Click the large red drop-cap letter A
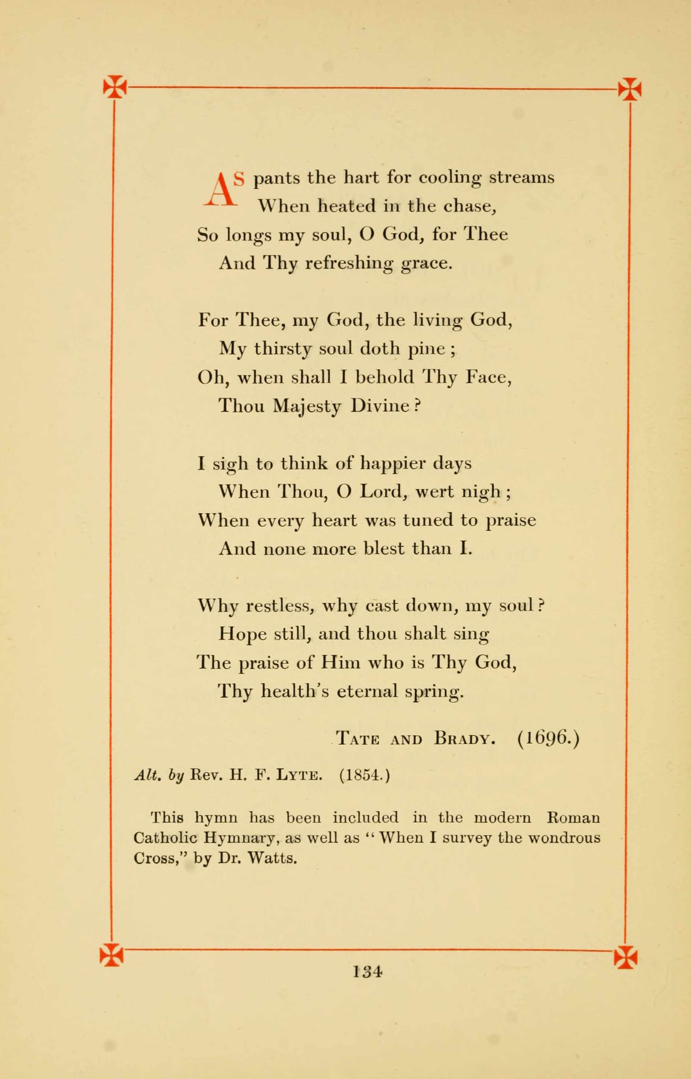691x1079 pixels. pos(220,190)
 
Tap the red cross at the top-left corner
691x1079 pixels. pos(115,87)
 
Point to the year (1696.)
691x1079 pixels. pos(548,737)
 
